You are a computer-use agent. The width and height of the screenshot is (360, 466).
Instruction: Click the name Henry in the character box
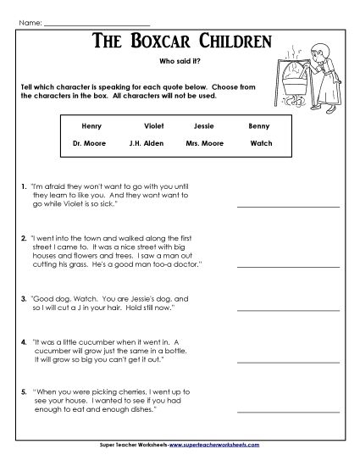[91, 125]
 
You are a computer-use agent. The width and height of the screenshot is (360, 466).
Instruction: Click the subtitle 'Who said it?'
[180, 61]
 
